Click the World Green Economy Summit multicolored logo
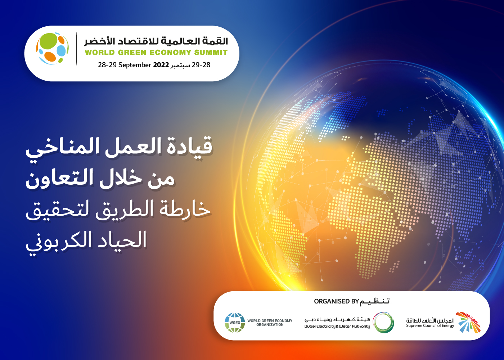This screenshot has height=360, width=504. pyautogui.click(x=53, y=49)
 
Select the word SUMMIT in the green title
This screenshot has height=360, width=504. pyautogui.click(x=211, y=53)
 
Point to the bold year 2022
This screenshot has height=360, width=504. pyautogui.click(x=161, y=65)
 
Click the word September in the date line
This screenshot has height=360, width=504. pyautogui.click(x=135, y=65)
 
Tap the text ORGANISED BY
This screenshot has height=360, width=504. pyautogui.click(x=336, y=302)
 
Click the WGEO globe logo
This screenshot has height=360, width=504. pyautogui.click(x=235, y=323)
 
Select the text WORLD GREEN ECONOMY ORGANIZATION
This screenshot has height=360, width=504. pyautogui.click(x=270, y=323)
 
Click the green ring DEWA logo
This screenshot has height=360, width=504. pyautogui.click(x=383, y=323)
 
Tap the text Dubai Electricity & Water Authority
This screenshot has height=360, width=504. pyautogui.click(x=337, y=326)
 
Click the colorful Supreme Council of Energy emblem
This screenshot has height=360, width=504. pyautogui.click(x=468, y=322)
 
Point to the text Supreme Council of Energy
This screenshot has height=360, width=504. pyautogui.click(x=430, y=325)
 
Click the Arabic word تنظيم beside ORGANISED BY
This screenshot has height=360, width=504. pyautogui.click(x=374, y=302)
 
